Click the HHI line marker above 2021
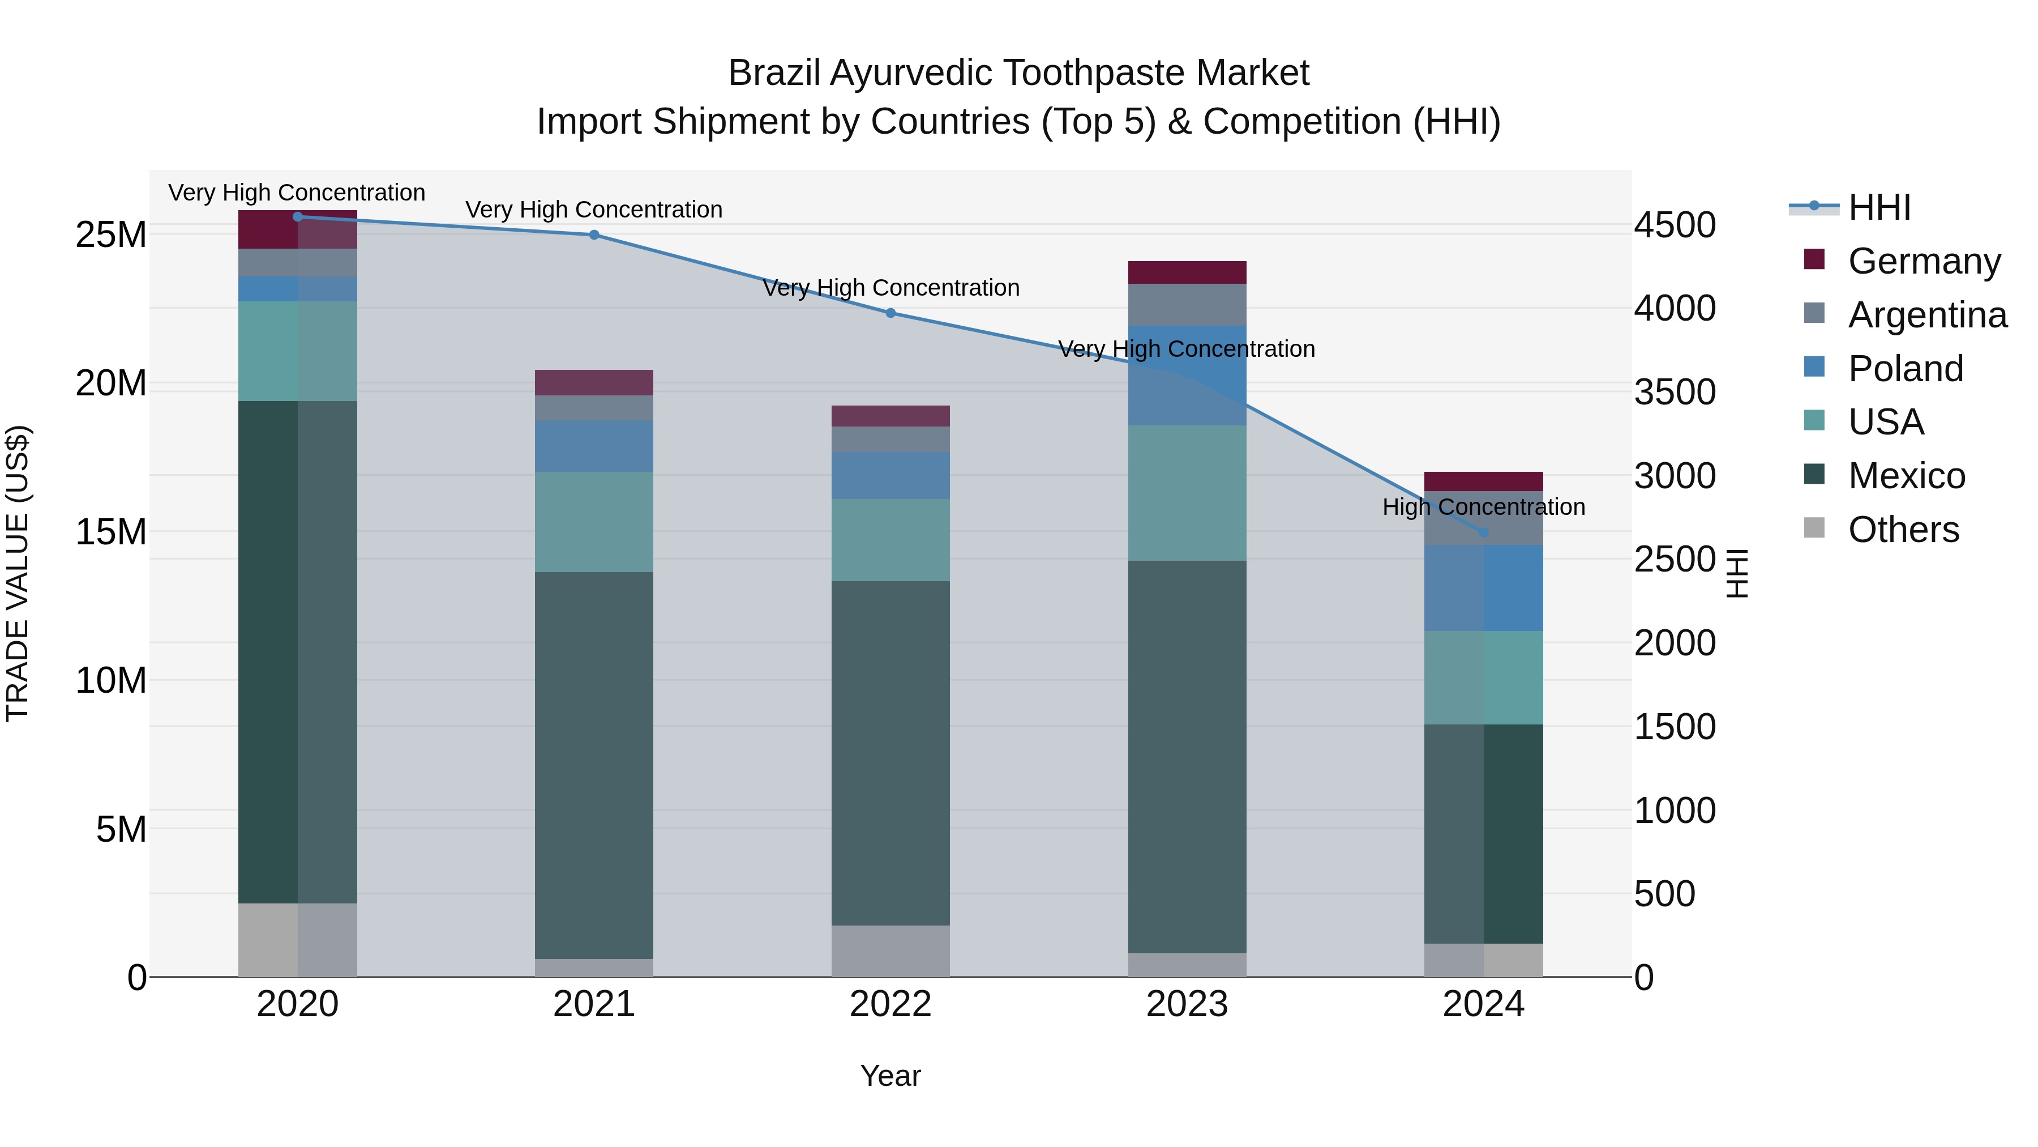tap(594, 235)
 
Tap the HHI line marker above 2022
tap(891, 313)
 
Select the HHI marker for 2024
tap(1483, 533)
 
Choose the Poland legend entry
tap(1905, 369)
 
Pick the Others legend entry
tap(1903, 530)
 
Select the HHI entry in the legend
tap(1879, 207)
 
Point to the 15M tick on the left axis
tap(111, 532)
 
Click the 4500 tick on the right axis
tap(1675, 225)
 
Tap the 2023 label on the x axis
tap(1187, 1004)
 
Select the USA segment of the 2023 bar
tap(1187, 493)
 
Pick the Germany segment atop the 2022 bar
tap(891, 416)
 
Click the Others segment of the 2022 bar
tap(891, 950)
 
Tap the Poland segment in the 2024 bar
tap(1483, 587)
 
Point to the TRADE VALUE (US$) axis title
tap(18, 574)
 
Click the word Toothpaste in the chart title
tap(1099, 74)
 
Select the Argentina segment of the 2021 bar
tap(594, 408)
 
